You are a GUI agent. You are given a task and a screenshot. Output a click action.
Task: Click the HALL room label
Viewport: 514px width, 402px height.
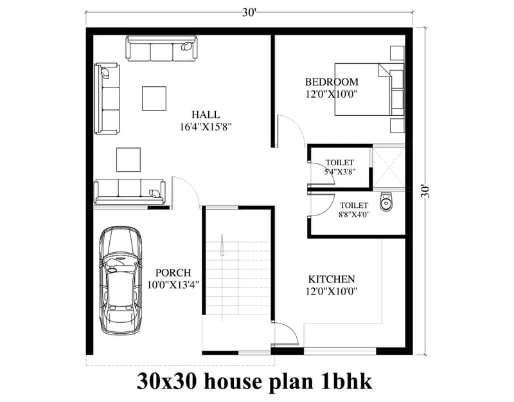point(206,114)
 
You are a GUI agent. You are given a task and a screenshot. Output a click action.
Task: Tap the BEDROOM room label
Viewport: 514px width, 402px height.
point(331,82)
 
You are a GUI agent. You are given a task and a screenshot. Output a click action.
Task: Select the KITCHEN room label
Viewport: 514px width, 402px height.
point(332,279)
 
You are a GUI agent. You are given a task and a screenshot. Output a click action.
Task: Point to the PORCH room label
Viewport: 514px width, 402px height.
point(173,273)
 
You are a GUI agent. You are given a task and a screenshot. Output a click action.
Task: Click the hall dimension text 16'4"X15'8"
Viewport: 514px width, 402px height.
point(206,127)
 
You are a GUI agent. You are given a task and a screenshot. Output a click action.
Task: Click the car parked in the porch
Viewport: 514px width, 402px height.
point(121,279)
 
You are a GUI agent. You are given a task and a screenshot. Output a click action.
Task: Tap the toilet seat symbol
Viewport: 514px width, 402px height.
point(385,202)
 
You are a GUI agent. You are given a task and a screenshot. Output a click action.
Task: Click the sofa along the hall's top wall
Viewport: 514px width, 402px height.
point(163,48)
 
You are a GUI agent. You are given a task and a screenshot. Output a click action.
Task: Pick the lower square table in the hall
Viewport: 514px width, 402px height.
point(128,159)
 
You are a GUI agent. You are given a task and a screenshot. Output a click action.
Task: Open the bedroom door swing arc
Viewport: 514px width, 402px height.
point(289,129)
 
